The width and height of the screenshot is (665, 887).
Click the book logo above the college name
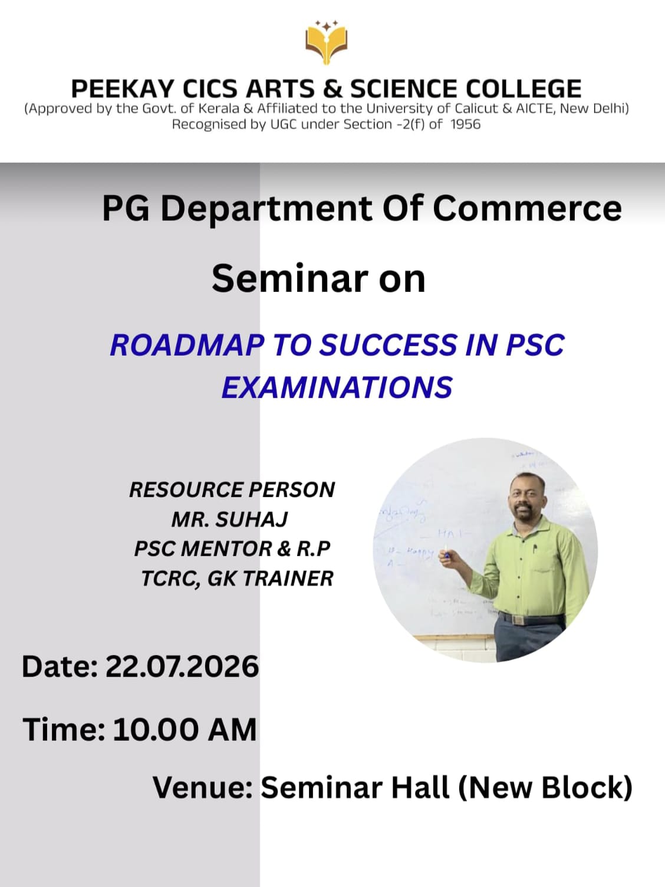(x=326, y=42)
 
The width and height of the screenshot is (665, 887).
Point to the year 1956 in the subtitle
(x=466, y=124)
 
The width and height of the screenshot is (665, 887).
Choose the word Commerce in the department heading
(x=527, y=209)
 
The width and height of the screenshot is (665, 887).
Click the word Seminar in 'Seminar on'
(x=290, y=278)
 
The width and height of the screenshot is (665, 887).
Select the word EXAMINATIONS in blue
(x=337, y=387)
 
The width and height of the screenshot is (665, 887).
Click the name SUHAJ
(x=252, y=519)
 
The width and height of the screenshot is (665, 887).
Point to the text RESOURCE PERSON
(x=232, y=490)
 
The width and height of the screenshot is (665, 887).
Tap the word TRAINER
(x=288, y=579)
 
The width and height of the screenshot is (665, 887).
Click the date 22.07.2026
(x=182, y=666)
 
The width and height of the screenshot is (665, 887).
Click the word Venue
(x=203, y=787)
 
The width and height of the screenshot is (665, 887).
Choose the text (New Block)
(x=545, y=788)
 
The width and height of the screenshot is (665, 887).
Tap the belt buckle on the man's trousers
(x=518, y=619)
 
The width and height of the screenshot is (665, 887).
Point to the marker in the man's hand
(x=446, y=552)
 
